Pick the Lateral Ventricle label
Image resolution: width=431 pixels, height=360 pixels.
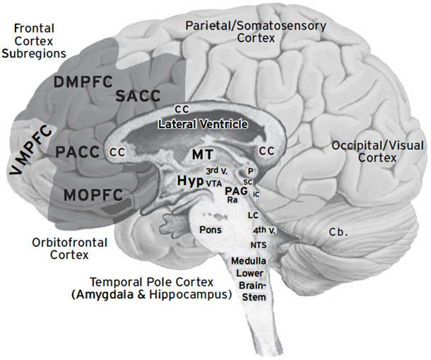pos(203,124)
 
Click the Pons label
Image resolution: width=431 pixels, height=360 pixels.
pos(210,230)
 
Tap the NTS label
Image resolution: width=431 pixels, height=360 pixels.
pos(257,244)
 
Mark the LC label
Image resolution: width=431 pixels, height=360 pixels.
pos(254,214)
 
